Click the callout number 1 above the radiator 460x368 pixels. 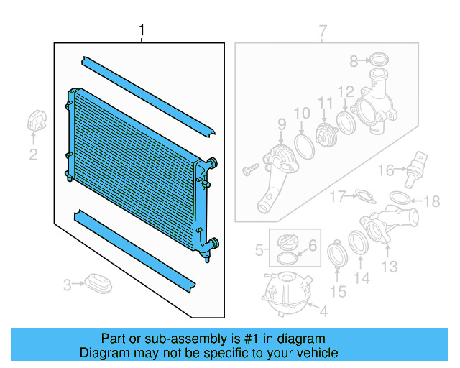point(142,30)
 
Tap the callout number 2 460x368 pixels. point(33,155)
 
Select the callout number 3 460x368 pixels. point(66,285)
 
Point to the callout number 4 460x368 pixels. point(323,311)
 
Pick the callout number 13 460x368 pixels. point(389,268)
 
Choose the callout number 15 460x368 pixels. point(338,291)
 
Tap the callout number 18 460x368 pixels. point(431,202)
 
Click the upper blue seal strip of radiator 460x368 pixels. point(148,94)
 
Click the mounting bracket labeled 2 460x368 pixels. point(37,120)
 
